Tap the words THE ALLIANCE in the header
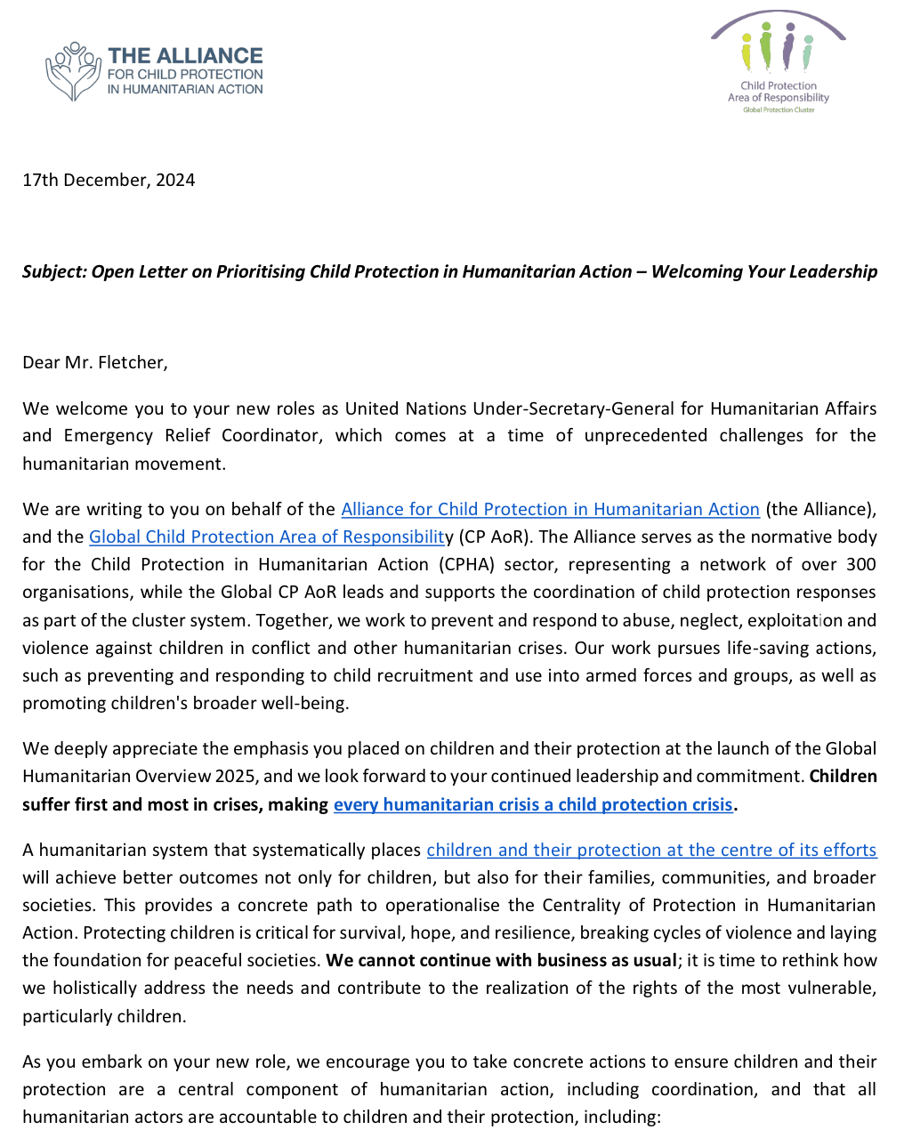tap(185, 55)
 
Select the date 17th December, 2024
tap(109, 180)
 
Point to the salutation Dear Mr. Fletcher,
tap(95, 362)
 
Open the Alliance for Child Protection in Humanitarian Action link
tap(550, 509)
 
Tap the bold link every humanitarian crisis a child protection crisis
tap(533, 804)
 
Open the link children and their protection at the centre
tap(651, 850)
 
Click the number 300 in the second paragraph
tap(860, 564)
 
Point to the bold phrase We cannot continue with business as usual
tap(501, 960)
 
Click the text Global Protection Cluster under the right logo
tap(779, 109)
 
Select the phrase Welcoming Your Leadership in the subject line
tap(763, 271)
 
